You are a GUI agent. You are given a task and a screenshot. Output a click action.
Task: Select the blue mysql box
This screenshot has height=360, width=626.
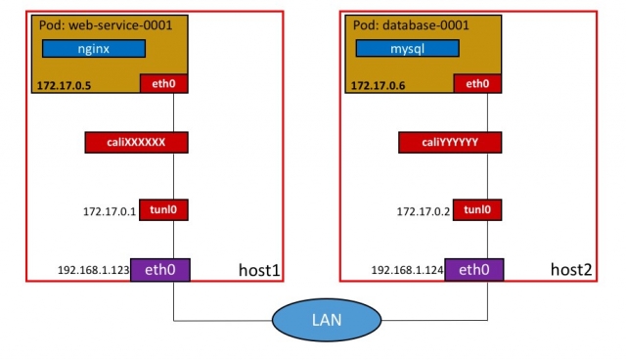tap(408, 48)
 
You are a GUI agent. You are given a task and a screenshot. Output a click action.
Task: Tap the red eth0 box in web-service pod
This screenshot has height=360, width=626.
tap(163, 84)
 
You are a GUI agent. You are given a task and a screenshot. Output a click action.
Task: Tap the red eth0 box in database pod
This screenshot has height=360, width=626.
tap(477, 84)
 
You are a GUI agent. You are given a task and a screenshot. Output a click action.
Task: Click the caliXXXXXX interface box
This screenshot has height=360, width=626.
tap(136, 143)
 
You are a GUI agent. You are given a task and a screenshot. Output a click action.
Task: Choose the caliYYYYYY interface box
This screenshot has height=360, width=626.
tap(451, 143)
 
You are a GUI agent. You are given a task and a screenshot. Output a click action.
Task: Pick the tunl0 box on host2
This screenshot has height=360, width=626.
tap(477, 209)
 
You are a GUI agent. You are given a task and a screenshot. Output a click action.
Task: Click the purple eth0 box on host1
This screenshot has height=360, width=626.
tap(163, 268)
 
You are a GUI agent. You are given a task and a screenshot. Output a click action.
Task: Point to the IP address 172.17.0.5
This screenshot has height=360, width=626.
tap(63, 86)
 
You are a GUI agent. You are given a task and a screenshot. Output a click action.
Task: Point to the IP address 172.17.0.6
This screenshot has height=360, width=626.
tap(378, 86)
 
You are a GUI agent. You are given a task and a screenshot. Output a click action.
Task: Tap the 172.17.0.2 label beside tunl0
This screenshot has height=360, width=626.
tap(424, 210)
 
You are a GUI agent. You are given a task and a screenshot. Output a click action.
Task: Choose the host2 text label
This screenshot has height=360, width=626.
tap(569, 268)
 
